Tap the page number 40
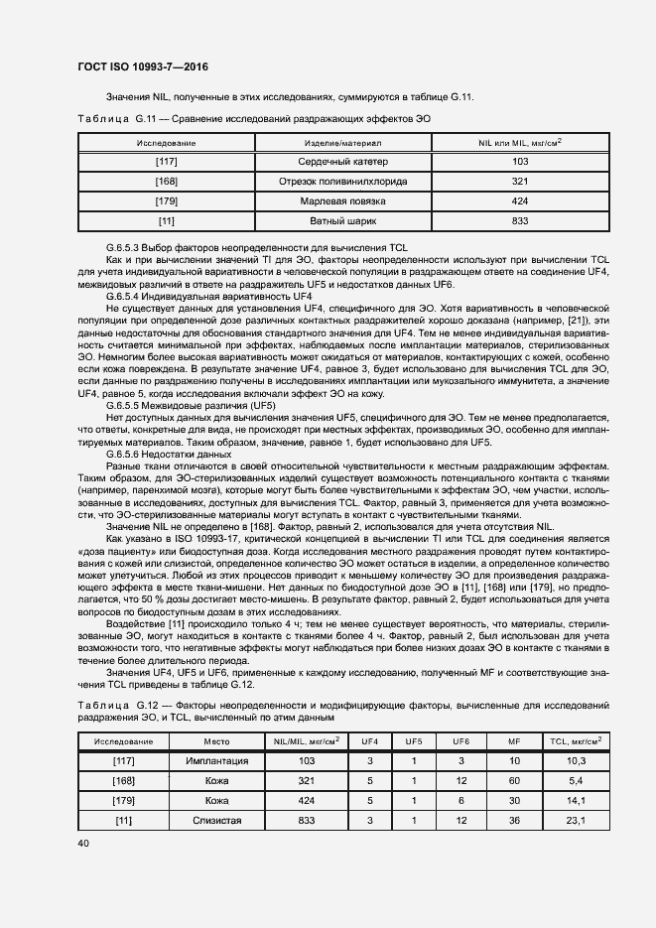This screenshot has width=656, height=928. (82, 843)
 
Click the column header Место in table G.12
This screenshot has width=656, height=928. (216, 740)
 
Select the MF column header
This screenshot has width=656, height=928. (513, 740)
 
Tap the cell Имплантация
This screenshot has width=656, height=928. (216, 759)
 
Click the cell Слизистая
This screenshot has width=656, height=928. (216, 820)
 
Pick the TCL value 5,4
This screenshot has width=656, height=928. (576, 779)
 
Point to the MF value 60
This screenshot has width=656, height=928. (513, 779)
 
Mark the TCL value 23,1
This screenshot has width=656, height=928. (576, 820)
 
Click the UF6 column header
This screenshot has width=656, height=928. (460, 740)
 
